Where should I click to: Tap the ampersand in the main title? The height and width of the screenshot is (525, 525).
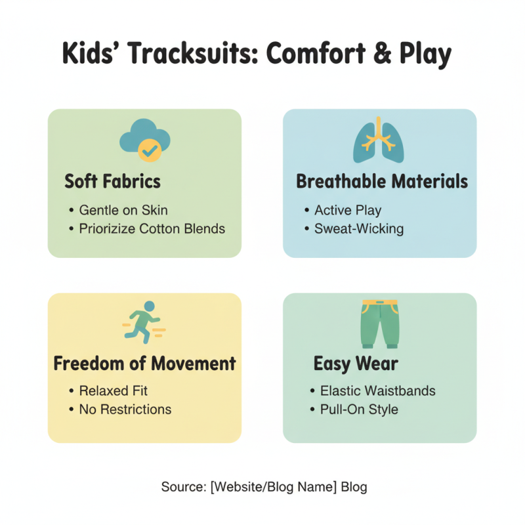point(356,53)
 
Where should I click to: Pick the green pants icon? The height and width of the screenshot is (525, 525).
point(379,324)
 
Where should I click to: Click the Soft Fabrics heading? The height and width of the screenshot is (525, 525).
point(112,181)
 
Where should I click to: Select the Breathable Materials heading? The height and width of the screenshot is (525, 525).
point(382,181)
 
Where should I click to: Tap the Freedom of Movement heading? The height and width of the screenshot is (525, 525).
point(144,363)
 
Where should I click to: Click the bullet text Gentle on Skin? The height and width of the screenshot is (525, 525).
point(123,211)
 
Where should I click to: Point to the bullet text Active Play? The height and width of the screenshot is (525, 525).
point(348,211)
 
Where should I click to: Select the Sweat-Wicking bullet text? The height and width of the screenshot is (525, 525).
point(359,229)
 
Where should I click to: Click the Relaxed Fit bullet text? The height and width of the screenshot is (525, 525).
point(114,391)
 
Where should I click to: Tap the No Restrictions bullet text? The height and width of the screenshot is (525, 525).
point(125,409)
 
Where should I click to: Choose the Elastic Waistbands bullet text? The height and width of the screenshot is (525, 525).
point(377,391)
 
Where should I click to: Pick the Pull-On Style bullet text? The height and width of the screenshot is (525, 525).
point(359,409)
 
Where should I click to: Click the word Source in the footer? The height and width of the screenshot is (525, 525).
point(182,487)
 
